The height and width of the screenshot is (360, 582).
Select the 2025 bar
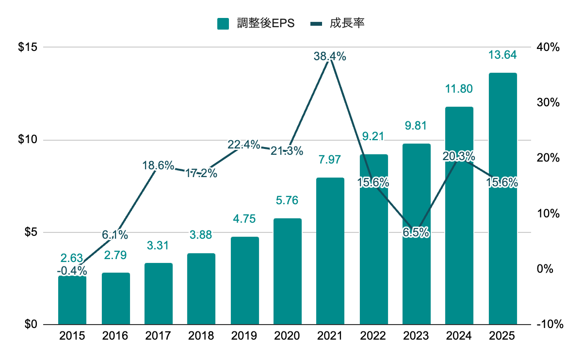coord(502,198)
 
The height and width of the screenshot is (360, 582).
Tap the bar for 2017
coord(159,294)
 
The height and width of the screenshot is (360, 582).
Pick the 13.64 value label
coord(502,55)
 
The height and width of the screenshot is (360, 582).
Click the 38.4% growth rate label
coord(330,56)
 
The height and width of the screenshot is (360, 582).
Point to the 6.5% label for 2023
coord(416,233)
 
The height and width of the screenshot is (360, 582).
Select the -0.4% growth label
coord(72,270)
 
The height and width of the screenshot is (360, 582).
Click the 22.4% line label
coord(244,144)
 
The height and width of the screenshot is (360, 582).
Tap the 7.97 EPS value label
coord(330,160)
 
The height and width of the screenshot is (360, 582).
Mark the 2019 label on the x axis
coord(244,336)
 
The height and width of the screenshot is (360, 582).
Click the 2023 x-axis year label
coord(416,336)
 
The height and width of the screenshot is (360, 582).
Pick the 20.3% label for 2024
coord(459,156)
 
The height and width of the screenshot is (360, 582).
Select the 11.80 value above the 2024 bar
coord(459,89)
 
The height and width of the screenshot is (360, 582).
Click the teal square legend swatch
coord(223,23)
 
